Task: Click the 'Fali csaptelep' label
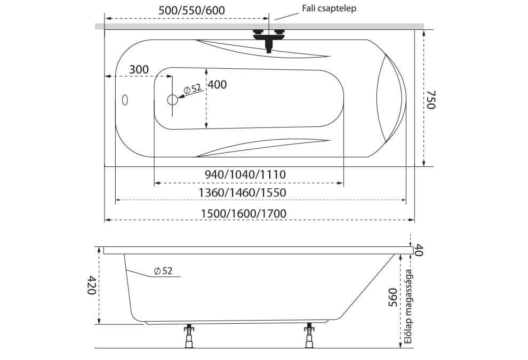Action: [x=329, y=9]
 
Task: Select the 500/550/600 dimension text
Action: [x=191, y=11]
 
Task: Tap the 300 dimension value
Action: [x=139, y=69]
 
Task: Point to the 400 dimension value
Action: [x=217, y=84]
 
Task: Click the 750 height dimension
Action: [x=431, y=100]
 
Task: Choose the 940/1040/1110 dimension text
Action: [x=245, y=174]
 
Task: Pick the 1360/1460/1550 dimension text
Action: [x=242, y=193]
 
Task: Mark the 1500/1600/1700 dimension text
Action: [x=243, y=213]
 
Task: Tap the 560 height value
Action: [x=393, y=298]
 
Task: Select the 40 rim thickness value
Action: [x=418, y=250]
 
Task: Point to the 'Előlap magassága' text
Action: [x=409, y=307]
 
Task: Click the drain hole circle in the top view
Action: [x=172, y=100]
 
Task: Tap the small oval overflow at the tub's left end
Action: [x=125, y=100]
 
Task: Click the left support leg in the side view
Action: [x=189, y=336]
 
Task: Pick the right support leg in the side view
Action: [x=309, y=336]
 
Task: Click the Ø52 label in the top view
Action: [x=193, y=89]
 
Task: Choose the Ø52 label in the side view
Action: [x=163, y=271]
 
